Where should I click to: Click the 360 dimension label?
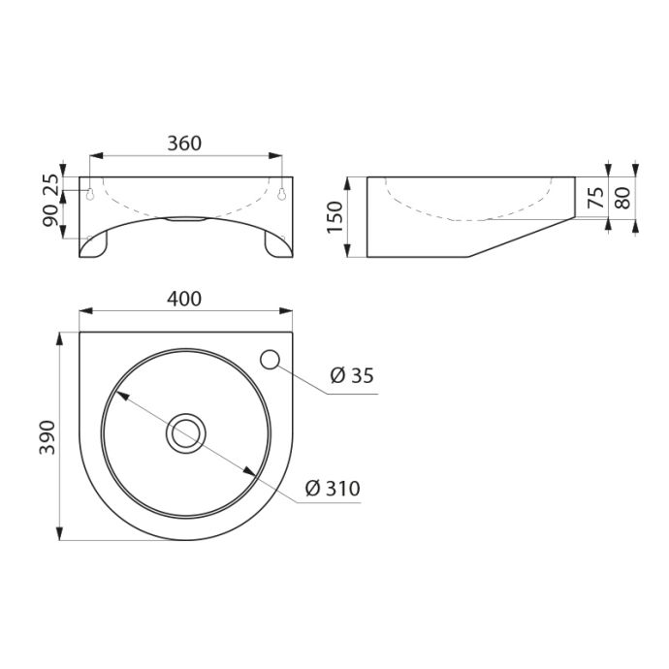click(x=184, y=143)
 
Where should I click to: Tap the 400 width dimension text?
click(x=184, y=299)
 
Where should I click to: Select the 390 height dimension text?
click(x=48, y=437)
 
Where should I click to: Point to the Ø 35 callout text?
click(x=352, y=375)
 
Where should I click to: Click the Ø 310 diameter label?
click(x=333, y=488)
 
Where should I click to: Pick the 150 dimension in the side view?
click(x=334, y=217)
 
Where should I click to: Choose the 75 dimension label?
click(x=596, y=198)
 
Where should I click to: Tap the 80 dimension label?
click(x=623, y=198)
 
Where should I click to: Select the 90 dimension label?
click(x=50, y=215)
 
